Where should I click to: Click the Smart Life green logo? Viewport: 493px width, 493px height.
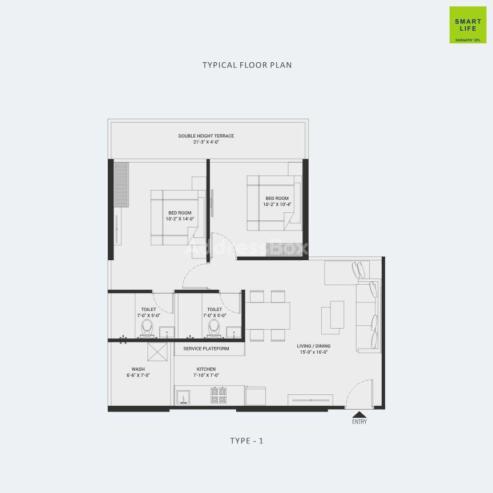[x=468, y=25]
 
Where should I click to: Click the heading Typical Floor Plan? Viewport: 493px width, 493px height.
[x=247, y=65]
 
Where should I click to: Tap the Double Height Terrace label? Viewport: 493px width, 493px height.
[x=206, y=136]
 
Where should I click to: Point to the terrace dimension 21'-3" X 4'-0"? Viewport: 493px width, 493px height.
[x=206, y=142]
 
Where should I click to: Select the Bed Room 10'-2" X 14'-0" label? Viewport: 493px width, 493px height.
[x=180, y=216]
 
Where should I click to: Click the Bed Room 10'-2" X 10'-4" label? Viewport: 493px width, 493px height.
[x=277, y=201]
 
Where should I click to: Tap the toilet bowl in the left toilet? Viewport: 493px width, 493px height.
[x=147, y=328]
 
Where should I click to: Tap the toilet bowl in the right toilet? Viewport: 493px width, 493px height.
[x=214, y=328]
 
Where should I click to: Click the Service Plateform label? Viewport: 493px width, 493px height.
[x=206, y=349]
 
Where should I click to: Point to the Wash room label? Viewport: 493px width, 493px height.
[x=138, y=369]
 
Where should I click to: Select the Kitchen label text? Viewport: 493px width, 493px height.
[x=206, y=369]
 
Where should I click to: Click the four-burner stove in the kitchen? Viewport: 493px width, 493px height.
[x=219, y=395]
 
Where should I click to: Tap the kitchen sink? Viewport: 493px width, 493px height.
[x=183, y=397]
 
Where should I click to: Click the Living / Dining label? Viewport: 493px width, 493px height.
[x=314, y=346]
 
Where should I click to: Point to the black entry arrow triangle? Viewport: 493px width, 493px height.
[x=359, y=414]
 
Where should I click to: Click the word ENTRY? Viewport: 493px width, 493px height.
[x=359, y=422]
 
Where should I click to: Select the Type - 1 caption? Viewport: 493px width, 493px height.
[x=247, y=441]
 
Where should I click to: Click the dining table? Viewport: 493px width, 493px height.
[x=268, y=316]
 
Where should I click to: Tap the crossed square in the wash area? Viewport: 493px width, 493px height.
[x=157, y=352]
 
